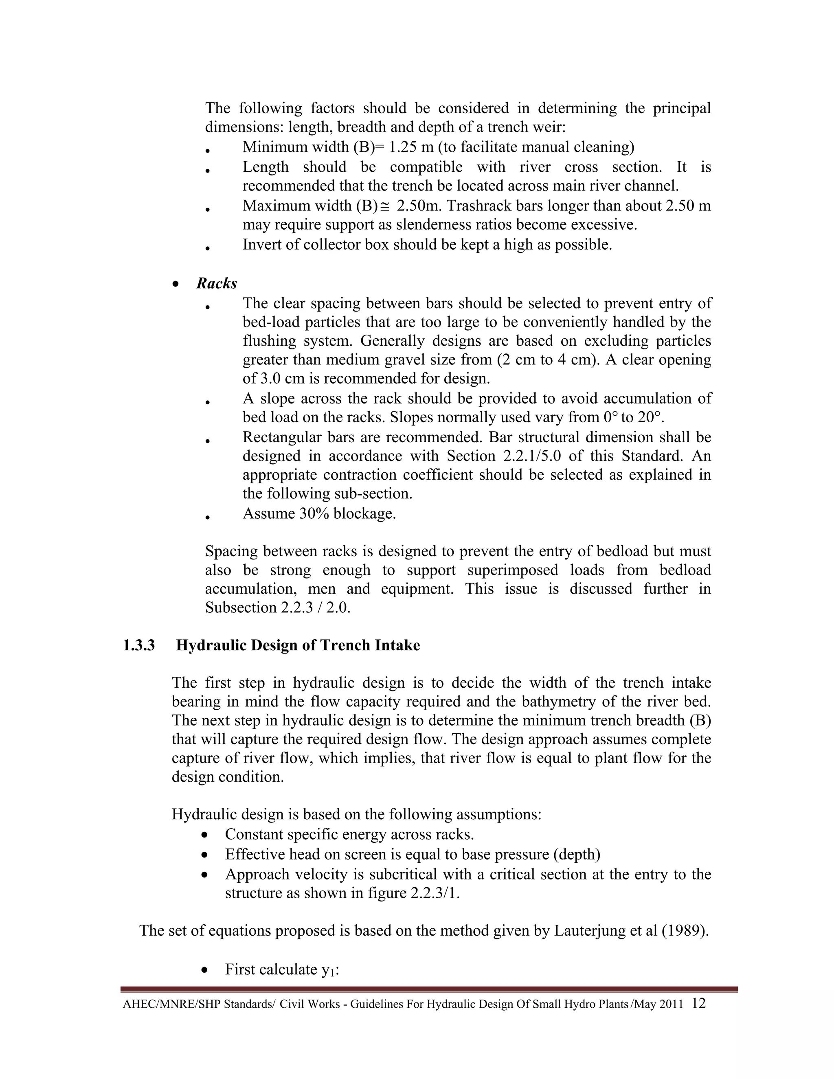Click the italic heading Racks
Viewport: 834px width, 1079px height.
click(x=216, y=283)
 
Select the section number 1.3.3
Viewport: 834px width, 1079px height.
click(x=139, y=645)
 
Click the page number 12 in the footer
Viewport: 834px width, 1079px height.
click(x=699, y=1003)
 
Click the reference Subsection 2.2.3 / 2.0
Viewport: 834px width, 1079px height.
click(x=278, y=607)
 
